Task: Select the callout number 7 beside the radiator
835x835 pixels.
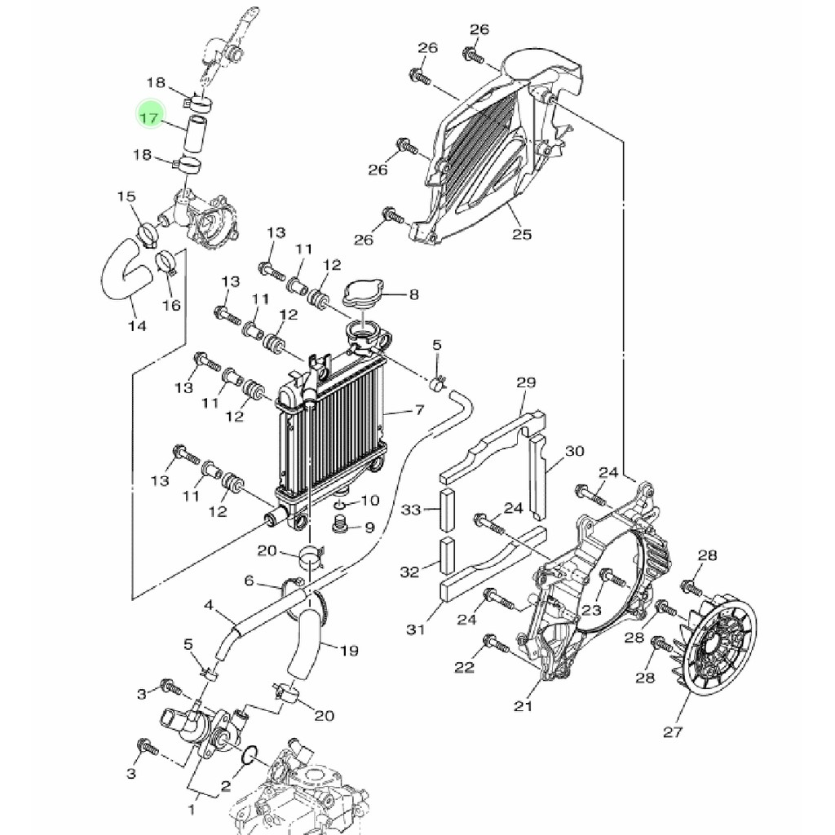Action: click(x=420, y=410)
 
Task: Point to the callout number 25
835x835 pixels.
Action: click(x=522, y=235)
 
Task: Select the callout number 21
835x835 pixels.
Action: click(x=523, y=705)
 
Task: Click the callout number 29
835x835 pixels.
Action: click(x=526, y=382)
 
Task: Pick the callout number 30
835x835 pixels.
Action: click(x=575, y=451)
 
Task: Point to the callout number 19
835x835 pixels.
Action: click(x=349, y=651)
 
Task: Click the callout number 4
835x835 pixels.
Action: click(x=209, y=606)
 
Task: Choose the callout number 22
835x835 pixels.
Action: click(x=464, y=668)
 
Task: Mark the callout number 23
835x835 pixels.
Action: click(x=591, y=609)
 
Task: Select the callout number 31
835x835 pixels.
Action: click(x=417, y=629)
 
